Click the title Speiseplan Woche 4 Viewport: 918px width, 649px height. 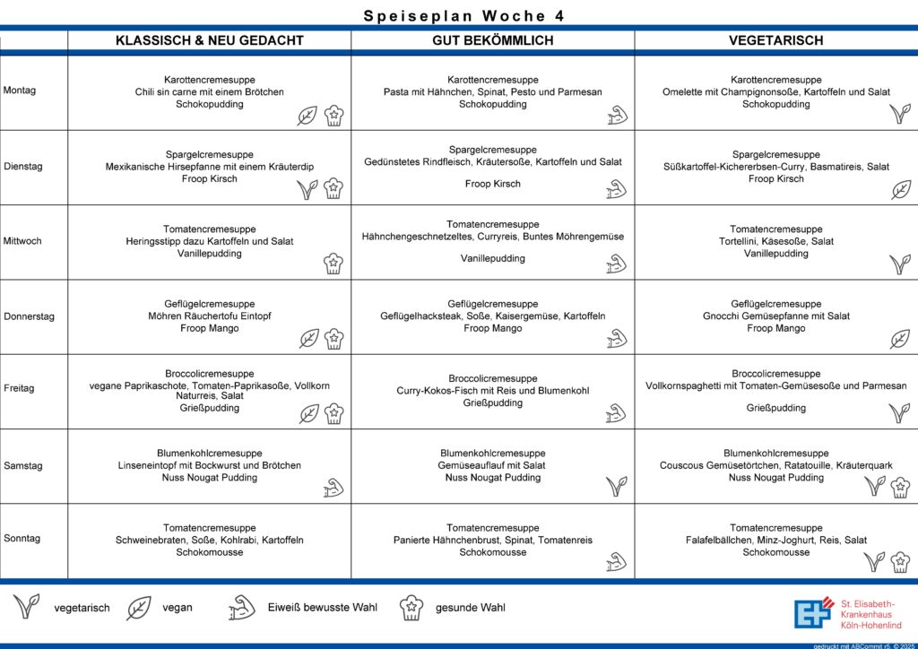(x=463, y=16)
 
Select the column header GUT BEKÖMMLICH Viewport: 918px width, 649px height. (x=492, y=40)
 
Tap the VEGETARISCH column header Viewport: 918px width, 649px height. (x=775, y=40)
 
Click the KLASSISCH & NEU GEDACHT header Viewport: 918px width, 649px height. (x=209, y=40)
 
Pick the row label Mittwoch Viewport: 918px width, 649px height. (x=22, y=241)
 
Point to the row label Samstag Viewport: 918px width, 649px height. (x=22, y=466)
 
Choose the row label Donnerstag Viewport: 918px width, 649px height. (x=29, y=316)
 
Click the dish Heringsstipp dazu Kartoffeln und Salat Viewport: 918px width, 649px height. (x=209, y=241)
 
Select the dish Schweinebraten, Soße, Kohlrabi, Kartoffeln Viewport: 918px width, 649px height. (x=209, y=541)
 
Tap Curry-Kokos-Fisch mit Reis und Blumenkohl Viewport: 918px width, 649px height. (x=492, y=391)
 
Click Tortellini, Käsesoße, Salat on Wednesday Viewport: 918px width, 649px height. (x=775, y=241)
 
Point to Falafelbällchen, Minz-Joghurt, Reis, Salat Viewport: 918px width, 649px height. (x=775, y=541)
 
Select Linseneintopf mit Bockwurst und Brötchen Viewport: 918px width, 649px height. (x=209, y=466)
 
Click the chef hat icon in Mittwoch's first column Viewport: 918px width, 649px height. (x=333, y=264)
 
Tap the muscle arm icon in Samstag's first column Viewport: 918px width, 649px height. (x=333, y=488)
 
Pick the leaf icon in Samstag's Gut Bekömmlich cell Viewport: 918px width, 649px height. (x=617, y=487)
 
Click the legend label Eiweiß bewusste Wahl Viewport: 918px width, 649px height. (x=322, y=608)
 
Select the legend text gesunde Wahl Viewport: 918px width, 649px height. (x=470, y=608)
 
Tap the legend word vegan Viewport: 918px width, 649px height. (x=177, y=608)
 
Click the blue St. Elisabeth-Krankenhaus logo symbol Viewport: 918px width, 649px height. (x=813, y=612)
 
